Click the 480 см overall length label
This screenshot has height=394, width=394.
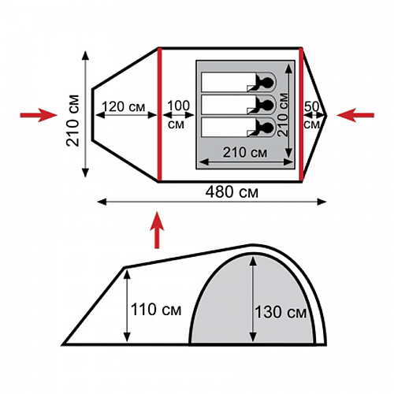pos(232,192)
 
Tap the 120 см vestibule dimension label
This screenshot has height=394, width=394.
pos(123,107)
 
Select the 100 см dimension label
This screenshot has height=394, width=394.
pos(178,114)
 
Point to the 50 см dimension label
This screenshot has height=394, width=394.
pos(312,115)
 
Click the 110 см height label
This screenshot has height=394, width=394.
pos(156,310)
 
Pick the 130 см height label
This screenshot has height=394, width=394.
pos(281,312)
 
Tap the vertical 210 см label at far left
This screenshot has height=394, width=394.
pos(72,121)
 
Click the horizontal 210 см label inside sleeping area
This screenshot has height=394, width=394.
pos(245,152)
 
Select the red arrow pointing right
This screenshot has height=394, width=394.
pos(39,115)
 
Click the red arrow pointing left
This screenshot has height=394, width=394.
pos(355,115)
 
